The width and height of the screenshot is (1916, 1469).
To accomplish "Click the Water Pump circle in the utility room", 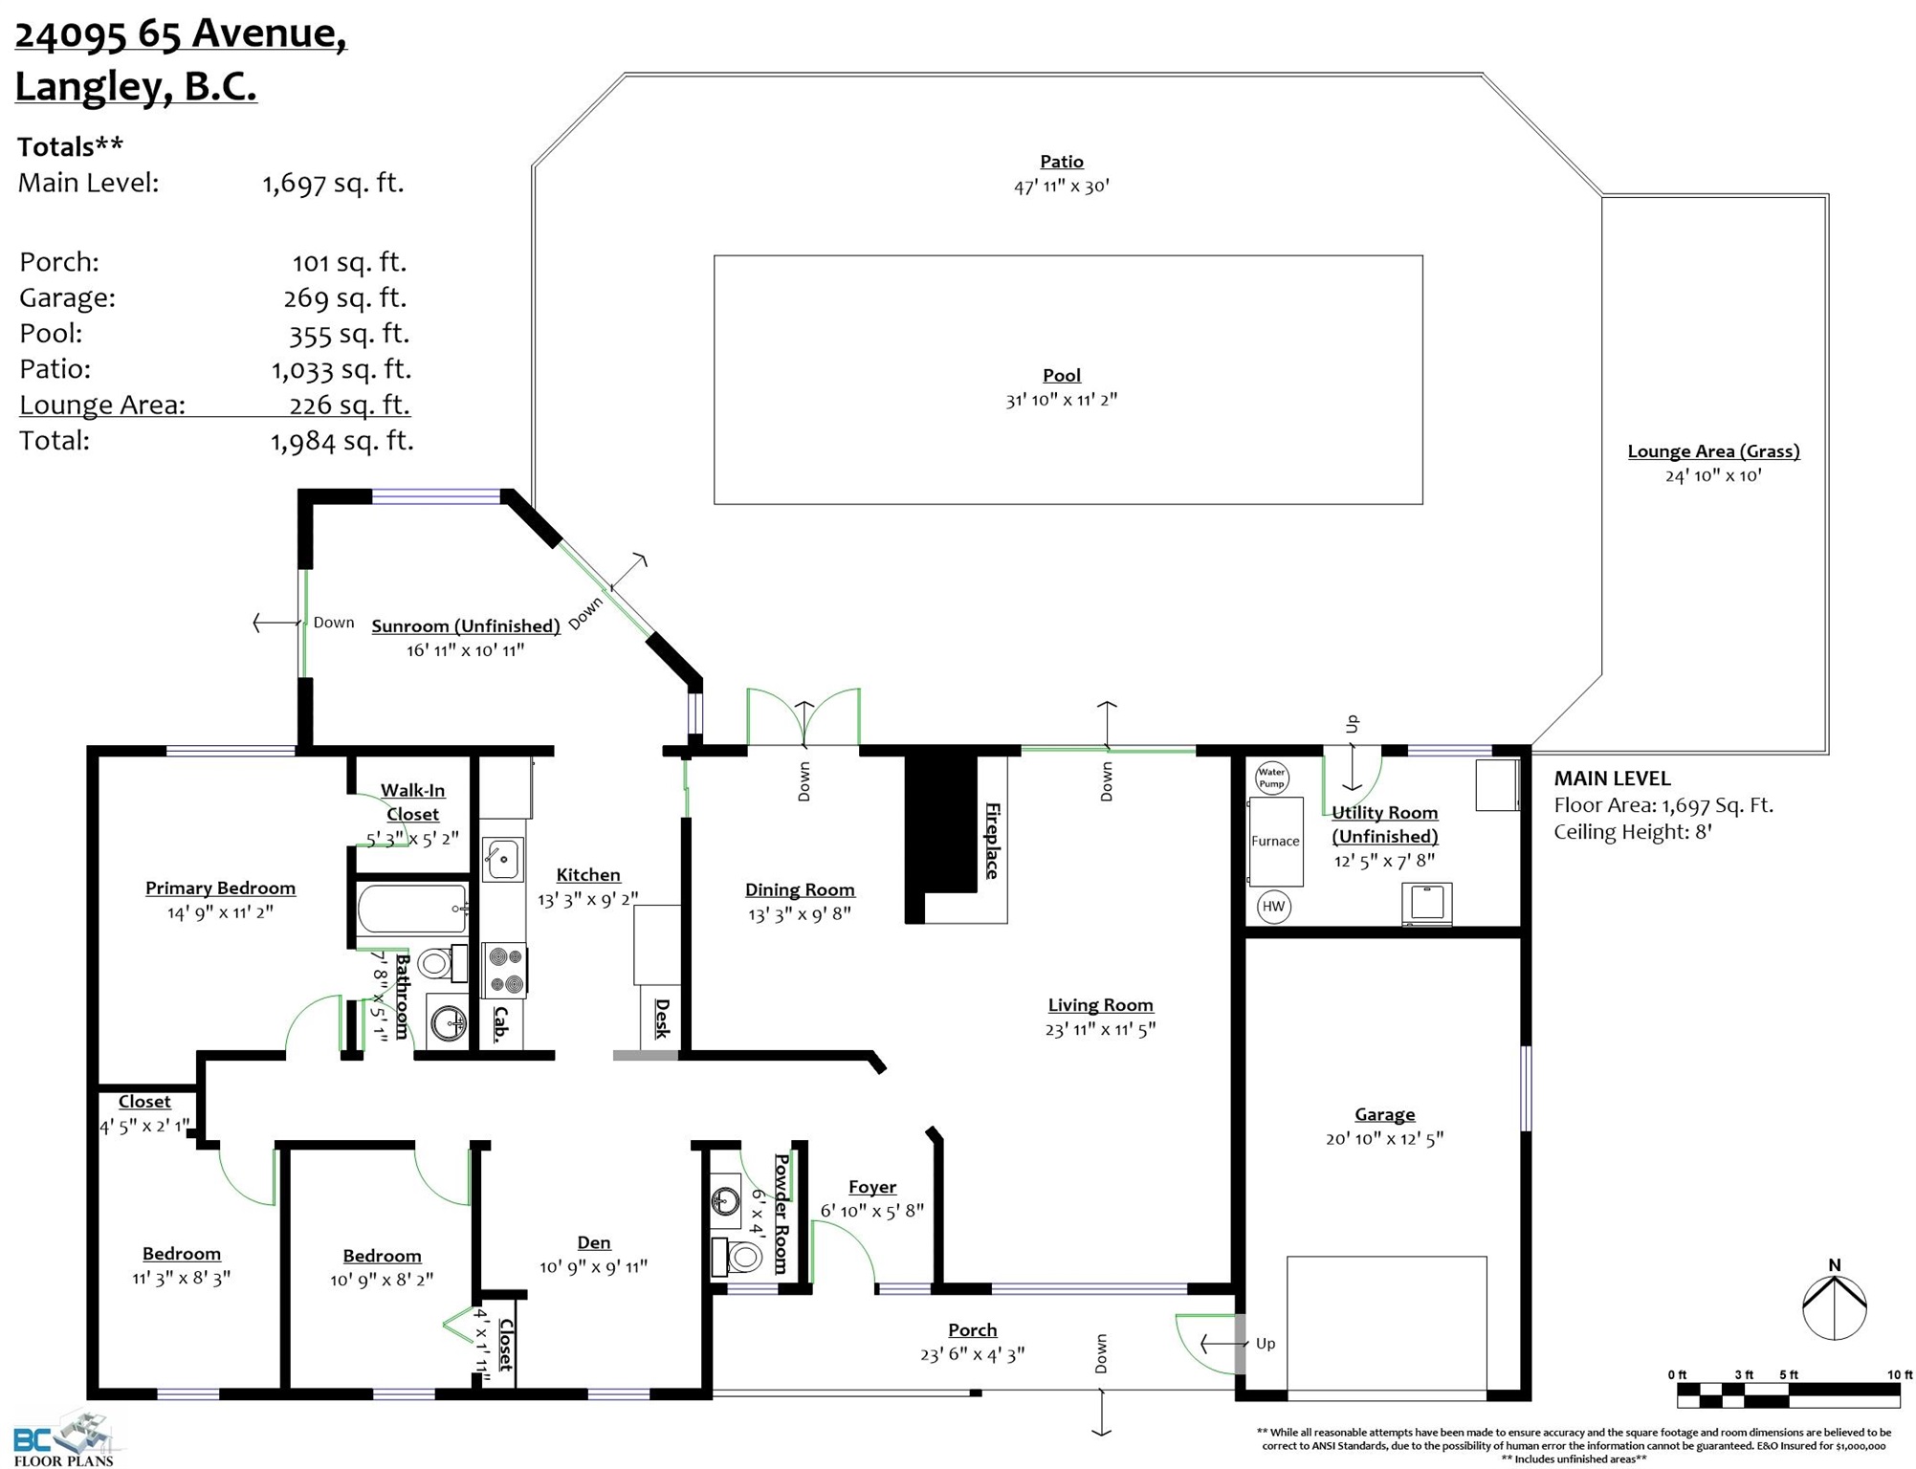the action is coord(1271,778).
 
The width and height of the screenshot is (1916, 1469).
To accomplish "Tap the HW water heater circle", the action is coord(1273,907).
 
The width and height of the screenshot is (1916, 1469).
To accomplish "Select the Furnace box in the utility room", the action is coord(1275,842).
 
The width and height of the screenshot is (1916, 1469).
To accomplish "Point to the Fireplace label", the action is coord(993,841).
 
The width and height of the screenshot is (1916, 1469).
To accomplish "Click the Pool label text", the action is coord(1062,376).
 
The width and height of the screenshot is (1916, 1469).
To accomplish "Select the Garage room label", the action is coord(1384,1114).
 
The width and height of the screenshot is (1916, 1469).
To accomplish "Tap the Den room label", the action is coord(594,1242).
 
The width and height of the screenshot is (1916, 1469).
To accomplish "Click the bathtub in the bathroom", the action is coord(412,909).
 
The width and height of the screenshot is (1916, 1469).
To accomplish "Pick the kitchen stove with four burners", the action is coord(504,969).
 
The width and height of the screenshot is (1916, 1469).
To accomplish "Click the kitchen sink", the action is coord(502,859).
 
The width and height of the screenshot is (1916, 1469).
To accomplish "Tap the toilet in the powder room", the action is coord(738,1257).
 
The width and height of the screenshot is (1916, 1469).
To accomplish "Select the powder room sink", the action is coord(726,1200).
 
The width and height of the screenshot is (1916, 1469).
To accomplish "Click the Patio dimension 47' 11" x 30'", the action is coord(1062,186).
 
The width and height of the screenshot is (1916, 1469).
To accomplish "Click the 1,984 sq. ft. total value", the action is coord(341,441).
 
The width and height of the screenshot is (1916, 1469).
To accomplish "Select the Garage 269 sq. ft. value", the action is coord(345,298).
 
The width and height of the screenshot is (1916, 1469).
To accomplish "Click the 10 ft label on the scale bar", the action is coord(1899,1374).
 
